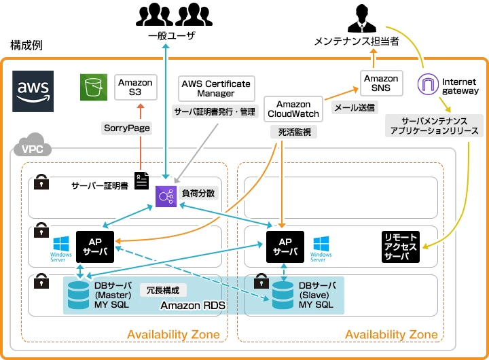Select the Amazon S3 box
point(135,87)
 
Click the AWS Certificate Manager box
point(215,88)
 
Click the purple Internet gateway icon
point(429,86)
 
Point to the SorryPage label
point(127,128)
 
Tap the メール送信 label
point(354,107)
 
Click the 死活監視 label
point(293,132)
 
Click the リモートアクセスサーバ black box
point(401,247)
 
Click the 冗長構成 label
point(164,289)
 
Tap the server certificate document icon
point(142,181)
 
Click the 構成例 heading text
point(27,45)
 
